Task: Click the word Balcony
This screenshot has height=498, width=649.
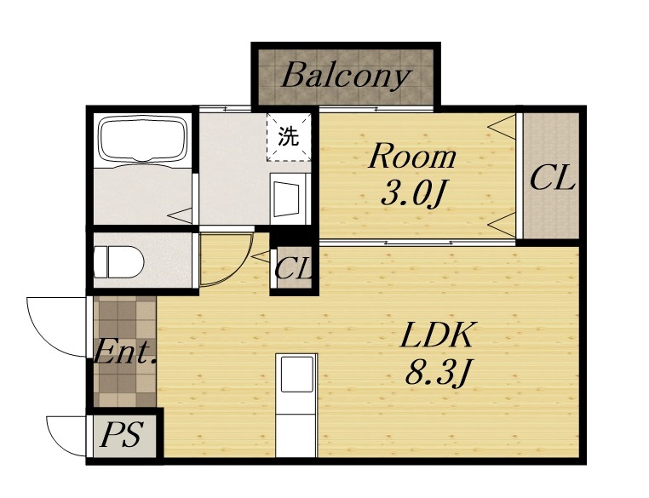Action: pyautogui.click(x=346, y=77)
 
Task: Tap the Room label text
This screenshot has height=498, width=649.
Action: pyautogui.click(x=413, y=157)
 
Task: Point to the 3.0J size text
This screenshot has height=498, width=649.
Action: pyautogui.click(x=413, y=194)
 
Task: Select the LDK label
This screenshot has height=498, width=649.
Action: pyautogui.click(x=437, y=335)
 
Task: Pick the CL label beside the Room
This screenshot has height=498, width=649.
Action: pyautogui.click(x=553, y=178)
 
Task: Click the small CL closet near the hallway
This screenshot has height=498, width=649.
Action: pyautogui.click(x=293, y=268)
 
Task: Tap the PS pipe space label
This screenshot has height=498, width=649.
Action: pyautogui.click(x=123, y=434)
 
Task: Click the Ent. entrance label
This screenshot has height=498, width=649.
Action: pyautogui.click(x=125, y=352)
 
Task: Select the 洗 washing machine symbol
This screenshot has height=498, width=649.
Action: pyautogui.click(x=289, y=137)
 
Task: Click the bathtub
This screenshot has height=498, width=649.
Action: pyautogui.click(x=142, y=141)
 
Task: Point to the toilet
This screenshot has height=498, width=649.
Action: pyautogui.click(x=118, y=262)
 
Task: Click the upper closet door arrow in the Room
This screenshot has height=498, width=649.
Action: pyautogui.click(x=502, y=128)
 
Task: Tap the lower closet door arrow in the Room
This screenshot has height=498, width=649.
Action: pyautogui.click(x=502, y=225)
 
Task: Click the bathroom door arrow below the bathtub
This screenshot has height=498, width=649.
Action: pyautogui.click(x=181, y=215)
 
